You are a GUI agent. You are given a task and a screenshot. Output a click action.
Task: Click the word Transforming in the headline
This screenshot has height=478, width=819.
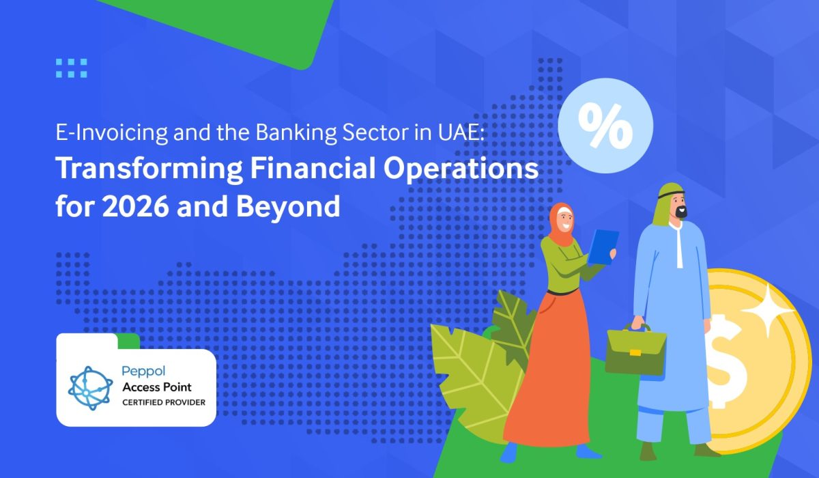(x=149, y=169)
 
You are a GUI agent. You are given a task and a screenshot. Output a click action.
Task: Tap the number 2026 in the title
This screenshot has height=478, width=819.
(x=136, y=206)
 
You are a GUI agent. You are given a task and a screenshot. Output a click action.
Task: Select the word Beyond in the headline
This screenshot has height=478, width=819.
(x=288, y=207)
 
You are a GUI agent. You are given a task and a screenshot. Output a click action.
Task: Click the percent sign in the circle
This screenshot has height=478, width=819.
(x=605, y=126)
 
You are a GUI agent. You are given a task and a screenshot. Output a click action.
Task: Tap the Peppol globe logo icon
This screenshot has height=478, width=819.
(x=90, y=388)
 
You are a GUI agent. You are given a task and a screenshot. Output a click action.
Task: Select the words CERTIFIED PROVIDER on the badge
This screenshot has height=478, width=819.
(x=164, y=402)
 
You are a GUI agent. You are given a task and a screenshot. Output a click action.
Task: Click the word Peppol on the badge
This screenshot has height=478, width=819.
(x=143, y=371)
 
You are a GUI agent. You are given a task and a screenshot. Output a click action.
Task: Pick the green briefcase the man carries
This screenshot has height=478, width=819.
(x=635, y=350)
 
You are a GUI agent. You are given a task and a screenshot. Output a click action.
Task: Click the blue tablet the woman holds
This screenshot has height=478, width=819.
(x=603, y=247)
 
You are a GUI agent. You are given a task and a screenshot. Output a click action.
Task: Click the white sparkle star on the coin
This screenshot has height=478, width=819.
(x=768, y=311)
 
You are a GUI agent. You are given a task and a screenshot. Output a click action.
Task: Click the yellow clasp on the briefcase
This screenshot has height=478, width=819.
(x=635, y=352)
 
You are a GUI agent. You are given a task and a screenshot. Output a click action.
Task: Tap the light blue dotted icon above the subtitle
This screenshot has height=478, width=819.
(x=72, y=68)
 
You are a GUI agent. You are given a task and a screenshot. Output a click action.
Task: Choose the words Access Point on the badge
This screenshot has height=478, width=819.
(x=157, y=387)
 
